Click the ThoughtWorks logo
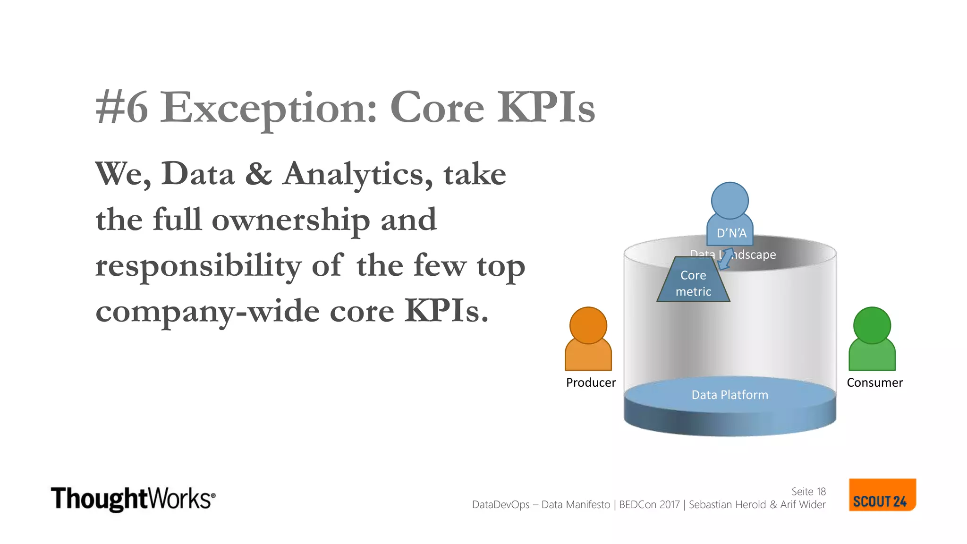click(x=133, y=499)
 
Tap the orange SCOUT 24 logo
click(x=882, y=495)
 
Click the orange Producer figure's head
click(x=588, y=325)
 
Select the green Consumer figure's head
click(x=872, y=325)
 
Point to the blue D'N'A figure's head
click(x=729, y=201)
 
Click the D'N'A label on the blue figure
click(x=731, y=233)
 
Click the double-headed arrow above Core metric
click(x=726, y=259)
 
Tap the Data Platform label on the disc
click(x=729, y=395)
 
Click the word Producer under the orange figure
click(x=591, y=382)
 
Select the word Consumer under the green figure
click(x=874, y=382)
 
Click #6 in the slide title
click(x=122, y=109)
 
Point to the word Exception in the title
click(x=268, y=109)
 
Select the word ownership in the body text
click(x=290, y=221)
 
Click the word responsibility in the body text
click(x=198, y=266)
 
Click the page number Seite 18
click(x=808, y=492)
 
